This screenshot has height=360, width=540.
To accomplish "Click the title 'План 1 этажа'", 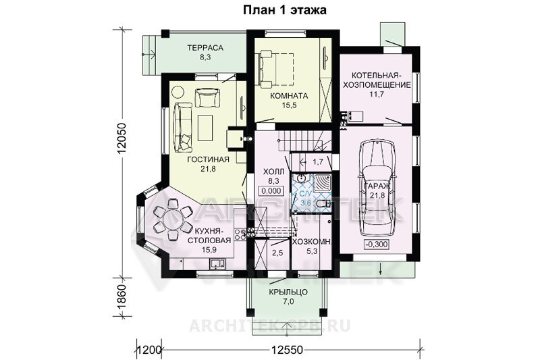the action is [x=284, y=10].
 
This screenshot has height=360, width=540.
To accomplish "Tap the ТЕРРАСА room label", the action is [x=205, y=47].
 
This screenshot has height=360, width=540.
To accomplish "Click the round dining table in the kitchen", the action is [x=172, y=219].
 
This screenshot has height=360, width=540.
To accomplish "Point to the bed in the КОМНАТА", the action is [x=276, y=70].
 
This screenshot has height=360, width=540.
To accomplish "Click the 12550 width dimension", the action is [x=287, y=350].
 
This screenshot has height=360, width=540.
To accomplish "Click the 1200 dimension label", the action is [x=149, y=350].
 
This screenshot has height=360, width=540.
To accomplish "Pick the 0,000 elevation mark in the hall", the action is [x=271, y=190].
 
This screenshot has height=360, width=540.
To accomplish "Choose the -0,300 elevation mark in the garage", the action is [x=376, y=245].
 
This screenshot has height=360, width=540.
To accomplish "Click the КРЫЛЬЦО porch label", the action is [x=288, y=292].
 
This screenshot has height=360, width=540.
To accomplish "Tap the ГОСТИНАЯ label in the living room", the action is [x=208, y=159].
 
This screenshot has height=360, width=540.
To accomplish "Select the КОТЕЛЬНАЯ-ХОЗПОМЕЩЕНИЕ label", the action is [x=381, y=80].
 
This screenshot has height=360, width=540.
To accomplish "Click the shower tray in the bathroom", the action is [x=322, y=184].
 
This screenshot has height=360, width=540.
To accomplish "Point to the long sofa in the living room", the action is [x=182, y=127].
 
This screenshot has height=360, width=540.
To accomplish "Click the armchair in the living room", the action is [x=207, y=97].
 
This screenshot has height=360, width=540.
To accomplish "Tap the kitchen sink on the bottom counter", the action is [x=217, y=263].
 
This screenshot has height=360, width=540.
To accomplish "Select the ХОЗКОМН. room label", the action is [x=311, y=242].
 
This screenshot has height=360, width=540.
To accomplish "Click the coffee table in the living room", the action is [x=205, y=128].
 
